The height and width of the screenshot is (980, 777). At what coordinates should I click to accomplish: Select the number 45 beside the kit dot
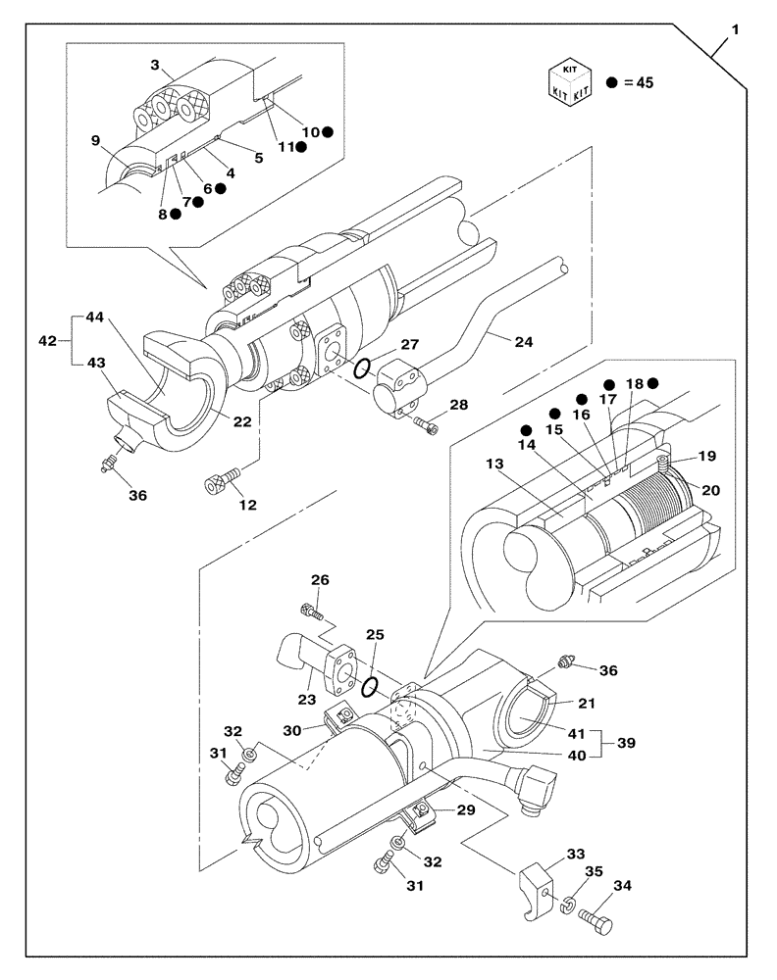coord(644,82)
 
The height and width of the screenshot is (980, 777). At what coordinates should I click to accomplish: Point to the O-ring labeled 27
coord(361,369)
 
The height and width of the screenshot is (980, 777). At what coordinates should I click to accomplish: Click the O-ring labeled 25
coord(368,687)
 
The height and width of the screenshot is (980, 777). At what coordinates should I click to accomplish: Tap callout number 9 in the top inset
coord(96,140)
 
